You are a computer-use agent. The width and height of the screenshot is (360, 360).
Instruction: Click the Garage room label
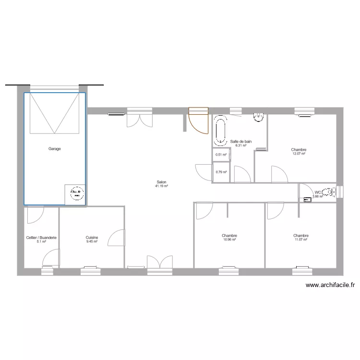(54, 149)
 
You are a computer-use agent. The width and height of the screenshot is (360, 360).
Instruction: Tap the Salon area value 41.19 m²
(161, 186)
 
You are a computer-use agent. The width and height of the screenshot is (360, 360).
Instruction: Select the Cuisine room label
(92, 237)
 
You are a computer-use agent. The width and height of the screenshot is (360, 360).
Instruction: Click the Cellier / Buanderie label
(42, 237)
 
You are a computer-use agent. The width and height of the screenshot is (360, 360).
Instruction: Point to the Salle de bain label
(241, 142)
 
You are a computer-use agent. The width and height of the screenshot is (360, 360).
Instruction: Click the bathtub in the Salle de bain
(221, 130)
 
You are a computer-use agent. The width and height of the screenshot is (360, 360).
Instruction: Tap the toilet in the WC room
(328, 192)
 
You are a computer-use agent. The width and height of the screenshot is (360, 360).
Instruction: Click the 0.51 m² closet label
(221, 155)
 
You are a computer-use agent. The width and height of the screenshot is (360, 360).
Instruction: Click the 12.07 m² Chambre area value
(299, 154)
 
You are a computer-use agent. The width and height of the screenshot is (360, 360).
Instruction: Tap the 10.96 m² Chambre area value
(229, 240)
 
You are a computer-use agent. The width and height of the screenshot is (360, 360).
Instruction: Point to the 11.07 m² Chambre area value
(301, 240)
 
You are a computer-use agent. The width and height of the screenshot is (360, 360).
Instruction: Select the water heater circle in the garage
(76, 194)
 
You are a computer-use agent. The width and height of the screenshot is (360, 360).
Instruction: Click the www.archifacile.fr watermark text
(330, 285)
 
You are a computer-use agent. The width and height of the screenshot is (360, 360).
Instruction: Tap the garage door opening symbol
(54, 113)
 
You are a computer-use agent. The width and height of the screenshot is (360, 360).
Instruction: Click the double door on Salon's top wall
(139, 118)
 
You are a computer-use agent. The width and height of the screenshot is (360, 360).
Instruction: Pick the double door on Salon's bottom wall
(159, 264)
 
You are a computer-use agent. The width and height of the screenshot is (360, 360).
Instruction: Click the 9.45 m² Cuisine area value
(92, 241)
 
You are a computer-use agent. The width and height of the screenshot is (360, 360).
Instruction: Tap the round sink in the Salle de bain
(259, 117)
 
